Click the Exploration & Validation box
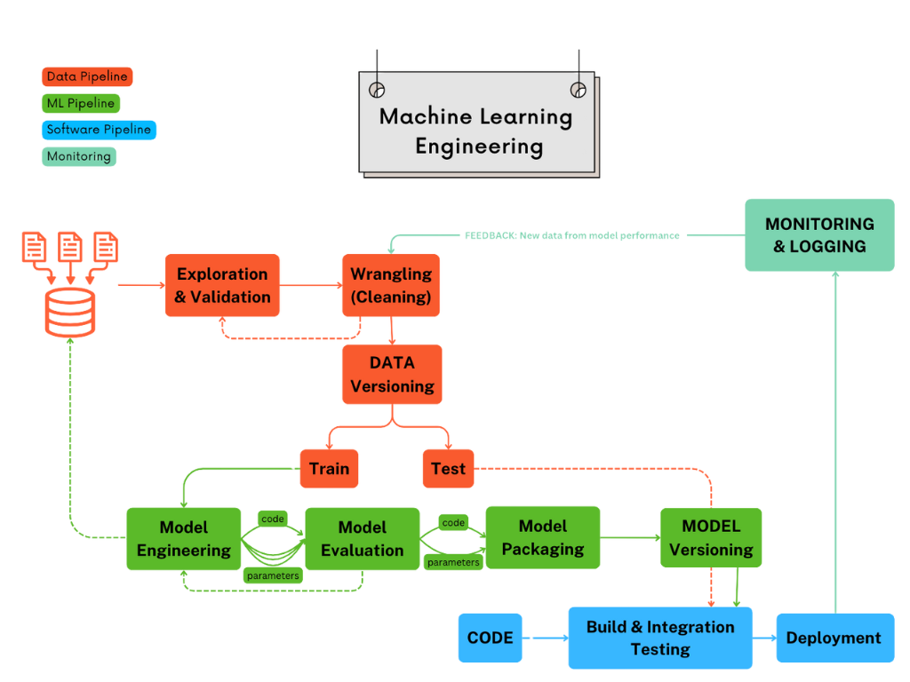point(222,285)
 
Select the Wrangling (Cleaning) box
point(391,285)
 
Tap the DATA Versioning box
point(392,374)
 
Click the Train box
point(329,469)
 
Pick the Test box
point(448,469)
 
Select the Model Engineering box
point(184,538)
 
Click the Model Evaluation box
point(363,538)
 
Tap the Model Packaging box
point(543,537)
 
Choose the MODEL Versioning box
point(711,537)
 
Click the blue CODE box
point(490,638)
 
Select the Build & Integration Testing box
point(660,638)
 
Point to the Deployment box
point(834,638)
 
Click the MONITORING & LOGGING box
point(819,234)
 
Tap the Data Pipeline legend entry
point(87,76)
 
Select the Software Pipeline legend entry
point(99,130)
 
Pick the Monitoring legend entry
point(79,156)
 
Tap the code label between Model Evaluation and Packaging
point(453,523)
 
